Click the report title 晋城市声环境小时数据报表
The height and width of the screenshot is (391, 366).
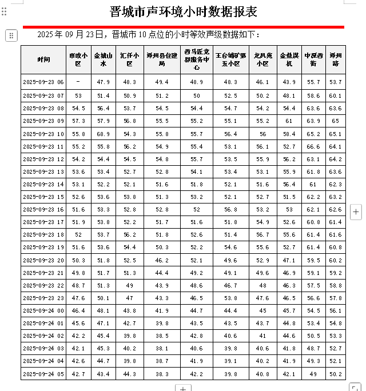click(x=184, y=12)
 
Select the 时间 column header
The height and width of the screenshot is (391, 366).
click(x=43, y=59)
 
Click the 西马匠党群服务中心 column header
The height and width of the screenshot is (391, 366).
click(x=197, y=59)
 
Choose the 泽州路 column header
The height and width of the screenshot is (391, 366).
click(x=336, y=59)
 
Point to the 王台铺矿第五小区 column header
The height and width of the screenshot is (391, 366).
click(x=230, y=59)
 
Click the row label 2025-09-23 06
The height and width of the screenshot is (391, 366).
click(x=43, y=82)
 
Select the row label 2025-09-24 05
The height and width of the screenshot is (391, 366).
click(x=43, y=374)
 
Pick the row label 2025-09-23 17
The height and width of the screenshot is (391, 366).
click(x=43, y=222)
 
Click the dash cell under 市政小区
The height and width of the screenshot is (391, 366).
click(x=78, y=82)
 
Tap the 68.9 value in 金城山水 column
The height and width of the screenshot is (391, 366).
click(x=104, y=134)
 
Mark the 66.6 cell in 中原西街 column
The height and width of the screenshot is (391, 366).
click(x=313, y=146)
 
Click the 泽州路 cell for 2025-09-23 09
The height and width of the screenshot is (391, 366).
click(x=336, y=121)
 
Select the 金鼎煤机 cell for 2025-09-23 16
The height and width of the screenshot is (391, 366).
click(x=289, y=209)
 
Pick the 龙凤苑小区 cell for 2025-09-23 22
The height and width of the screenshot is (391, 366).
click(x=262, y=285)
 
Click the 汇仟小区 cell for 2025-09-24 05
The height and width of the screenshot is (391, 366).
click(x=130, y=374)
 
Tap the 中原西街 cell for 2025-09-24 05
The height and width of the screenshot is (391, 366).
click(x=313, y=374)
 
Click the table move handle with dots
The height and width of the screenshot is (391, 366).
click(x=11, y=35)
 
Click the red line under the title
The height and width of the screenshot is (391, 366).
click(x=184, y=26)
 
